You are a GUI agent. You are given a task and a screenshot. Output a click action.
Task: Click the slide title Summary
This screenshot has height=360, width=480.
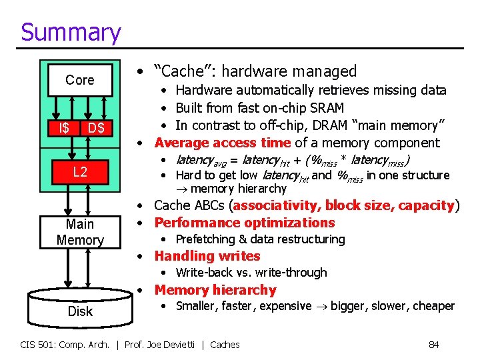click(x=71, y=32)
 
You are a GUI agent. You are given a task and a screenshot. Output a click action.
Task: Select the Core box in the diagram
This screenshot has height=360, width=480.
click(x=80, y=80)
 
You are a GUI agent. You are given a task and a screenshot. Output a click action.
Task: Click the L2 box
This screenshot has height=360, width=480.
click(x=80, y=173)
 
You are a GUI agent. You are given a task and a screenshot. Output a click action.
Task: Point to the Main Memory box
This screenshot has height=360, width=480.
click(x=80, y=232)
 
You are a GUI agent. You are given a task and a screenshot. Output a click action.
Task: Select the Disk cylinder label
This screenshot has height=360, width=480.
click(x=80, y=311)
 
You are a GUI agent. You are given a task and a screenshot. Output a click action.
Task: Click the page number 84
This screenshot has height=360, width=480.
click(x=433, y=345)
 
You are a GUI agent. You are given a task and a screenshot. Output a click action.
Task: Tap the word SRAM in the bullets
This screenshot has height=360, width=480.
click(x=327, y=108)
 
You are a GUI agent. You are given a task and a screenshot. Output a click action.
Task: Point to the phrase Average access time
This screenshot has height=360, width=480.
click(x=223, y=143)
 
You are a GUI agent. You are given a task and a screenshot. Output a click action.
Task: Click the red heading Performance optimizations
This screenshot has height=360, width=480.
click(x=245, y=223)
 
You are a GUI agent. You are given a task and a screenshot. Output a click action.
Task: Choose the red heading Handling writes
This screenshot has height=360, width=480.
click(x=207, y=256)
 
